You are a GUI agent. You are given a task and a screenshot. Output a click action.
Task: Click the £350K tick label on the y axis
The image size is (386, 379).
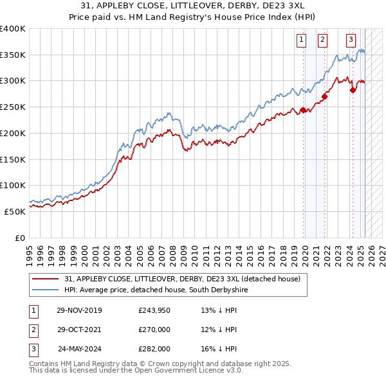[12, 55]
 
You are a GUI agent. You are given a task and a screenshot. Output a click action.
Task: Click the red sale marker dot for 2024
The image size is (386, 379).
[353, 91]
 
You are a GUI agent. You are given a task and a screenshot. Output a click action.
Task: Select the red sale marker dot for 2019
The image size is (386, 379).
[303, 110]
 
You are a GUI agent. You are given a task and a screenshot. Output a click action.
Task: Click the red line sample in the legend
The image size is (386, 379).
[46, 279]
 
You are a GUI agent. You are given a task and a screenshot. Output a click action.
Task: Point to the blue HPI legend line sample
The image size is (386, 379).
[46, 290]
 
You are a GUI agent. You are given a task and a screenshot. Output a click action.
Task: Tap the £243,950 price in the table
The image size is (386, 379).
[155, 310]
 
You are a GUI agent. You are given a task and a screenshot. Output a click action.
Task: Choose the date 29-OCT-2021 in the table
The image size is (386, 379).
[79, 330]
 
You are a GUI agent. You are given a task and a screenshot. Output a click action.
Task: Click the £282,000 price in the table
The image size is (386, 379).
[155, 349]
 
